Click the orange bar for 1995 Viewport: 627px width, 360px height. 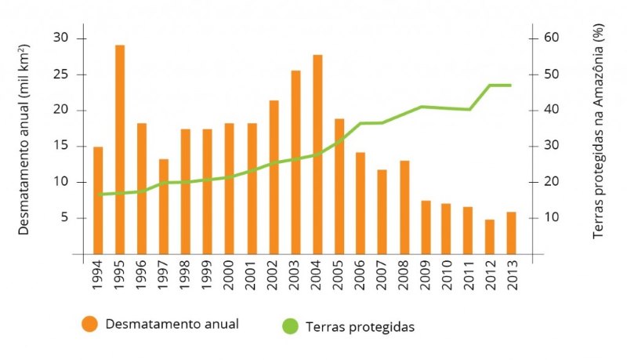tap(120, 149)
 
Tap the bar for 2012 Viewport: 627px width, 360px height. tap(490, 236)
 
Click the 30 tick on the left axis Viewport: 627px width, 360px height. tap(60, 38)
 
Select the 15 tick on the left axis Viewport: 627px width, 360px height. tap(60, 146)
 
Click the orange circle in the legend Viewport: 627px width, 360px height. tap(89, 324)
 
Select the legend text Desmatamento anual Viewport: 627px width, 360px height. tap(172, 323)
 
